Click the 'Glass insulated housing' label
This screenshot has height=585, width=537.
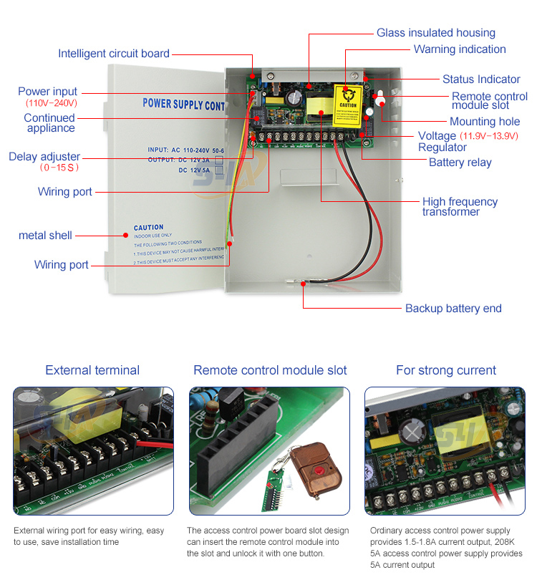[435, 33]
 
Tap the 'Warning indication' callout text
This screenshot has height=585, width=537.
[460, 49]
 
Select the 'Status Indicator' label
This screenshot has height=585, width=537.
[481, 79]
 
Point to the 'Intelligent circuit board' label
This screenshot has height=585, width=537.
[114, 54]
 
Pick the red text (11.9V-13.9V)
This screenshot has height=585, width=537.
[495, 136]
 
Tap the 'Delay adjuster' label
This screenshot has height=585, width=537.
[44, 157]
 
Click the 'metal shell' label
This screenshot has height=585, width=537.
[45, 236]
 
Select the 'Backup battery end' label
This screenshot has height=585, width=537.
[453, 309]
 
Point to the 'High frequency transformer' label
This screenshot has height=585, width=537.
[459, 207]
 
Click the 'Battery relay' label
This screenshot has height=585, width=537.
[460, 163]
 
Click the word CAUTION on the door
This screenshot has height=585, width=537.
[148, 228]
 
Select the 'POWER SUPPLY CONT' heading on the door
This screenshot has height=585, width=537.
[184, 104]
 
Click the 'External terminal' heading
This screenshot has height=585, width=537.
[92, 370]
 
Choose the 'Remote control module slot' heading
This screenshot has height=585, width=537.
[270, 370]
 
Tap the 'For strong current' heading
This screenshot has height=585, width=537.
[445, 370]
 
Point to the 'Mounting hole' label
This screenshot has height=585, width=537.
[485, 122]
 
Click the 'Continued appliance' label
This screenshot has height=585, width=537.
[50, 123]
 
